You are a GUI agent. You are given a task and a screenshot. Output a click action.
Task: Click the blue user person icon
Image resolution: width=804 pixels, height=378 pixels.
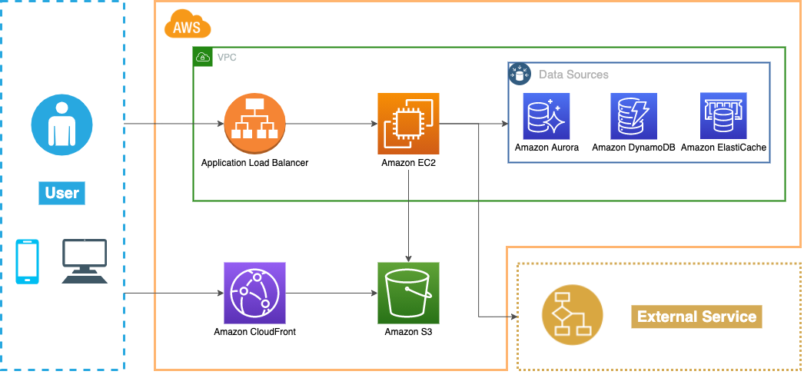(x=61, y=124)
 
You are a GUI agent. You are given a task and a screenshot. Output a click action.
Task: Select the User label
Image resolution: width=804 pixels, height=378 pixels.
(x=61, y=193)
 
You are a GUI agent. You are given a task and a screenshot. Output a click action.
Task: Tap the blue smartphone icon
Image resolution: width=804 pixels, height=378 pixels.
(x=28, y=261)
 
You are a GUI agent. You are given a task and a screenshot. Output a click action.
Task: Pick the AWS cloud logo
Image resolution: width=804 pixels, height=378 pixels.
(x=187, y=26)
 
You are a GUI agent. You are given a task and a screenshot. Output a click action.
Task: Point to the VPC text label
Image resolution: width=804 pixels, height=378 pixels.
(x=227, y=58)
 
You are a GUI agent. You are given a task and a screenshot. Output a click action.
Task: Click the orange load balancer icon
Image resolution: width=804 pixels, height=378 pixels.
(x=254, y=124)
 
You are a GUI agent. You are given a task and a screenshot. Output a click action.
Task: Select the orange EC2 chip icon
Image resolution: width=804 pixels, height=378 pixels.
(x=408, y=124)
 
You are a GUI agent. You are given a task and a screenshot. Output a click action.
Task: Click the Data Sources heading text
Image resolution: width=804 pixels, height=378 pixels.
(x=573, y=75)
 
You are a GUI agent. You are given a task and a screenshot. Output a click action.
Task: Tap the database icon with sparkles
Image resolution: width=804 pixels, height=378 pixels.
(x=546, y=116)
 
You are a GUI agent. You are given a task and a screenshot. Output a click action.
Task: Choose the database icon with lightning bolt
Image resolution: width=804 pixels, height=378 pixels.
(x=633, y=116)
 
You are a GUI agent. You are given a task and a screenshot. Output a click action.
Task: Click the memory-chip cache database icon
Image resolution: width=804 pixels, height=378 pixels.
(x=723, y=116)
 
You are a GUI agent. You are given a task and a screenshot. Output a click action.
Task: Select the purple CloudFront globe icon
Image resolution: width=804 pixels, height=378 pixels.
(x=254, y=293)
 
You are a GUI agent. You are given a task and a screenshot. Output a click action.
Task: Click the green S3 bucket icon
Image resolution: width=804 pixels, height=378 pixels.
(x=408, y=293)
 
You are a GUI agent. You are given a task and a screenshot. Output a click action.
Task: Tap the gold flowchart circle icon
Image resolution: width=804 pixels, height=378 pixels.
(x=573, y=315)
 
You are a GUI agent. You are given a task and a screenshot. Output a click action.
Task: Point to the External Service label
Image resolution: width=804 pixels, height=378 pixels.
(x=696, y=317)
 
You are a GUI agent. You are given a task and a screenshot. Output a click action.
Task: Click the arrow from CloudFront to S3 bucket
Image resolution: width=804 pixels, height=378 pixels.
(x=331, y=293)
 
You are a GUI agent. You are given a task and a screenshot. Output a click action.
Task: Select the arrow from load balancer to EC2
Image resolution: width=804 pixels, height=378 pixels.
(x=331, y=124)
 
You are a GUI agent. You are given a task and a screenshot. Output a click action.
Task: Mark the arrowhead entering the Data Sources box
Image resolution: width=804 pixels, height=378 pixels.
(x=503, y=124)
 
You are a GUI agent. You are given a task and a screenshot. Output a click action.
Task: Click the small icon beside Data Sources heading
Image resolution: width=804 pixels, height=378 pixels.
(x=520, y=74)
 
